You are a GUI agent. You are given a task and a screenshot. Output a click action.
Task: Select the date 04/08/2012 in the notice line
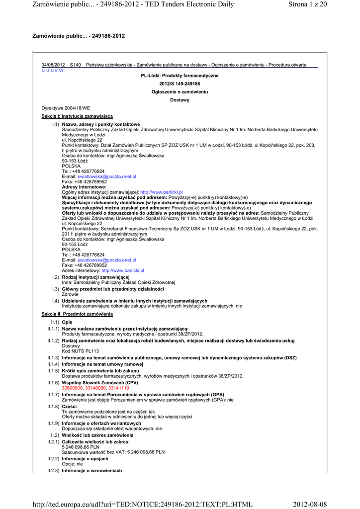tap(53, 65)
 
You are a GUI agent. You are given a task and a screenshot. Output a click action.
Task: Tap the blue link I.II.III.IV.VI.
tap(53, 70)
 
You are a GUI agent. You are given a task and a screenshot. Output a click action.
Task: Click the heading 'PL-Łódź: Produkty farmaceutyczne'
tap(180, 76)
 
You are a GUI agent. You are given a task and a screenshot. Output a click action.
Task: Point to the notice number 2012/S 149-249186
tap(180, 84)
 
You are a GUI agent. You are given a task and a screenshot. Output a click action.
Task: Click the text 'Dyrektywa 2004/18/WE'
tap(66, 108)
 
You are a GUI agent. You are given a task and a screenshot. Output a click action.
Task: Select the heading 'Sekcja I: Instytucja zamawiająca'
tap(77, 116)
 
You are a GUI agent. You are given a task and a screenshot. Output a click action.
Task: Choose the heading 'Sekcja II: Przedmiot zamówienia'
tap(77, 314)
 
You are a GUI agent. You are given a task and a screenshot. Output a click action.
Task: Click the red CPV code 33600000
tap(72, 388)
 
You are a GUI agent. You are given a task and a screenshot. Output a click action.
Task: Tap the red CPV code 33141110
tap(118, 388)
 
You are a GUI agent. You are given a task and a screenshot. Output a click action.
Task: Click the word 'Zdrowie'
tap(71, 294)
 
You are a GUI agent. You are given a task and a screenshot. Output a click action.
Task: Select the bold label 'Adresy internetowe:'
tap(84, 187)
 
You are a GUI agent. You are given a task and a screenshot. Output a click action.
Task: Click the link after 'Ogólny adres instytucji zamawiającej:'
tap(162, 192)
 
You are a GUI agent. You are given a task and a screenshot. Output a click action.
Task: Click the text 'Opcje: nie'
tap(72, 464)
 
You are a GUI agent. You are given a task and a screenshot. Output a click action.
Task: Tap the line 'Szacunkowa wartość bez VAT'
tap(113, 452)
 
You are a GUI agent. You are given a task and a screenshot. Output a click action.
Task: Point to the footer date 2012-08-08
tap(310, 505)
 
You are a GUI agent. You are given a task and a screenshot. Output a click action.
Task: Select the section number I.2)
tap(56, 277)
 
